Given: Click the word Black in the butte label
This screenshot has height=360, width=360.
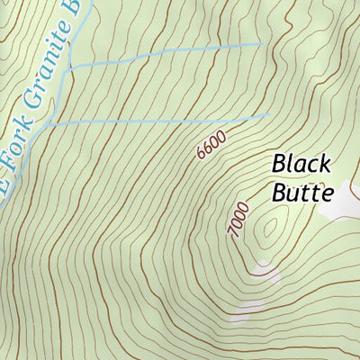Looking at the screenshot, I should [x=301, y=165].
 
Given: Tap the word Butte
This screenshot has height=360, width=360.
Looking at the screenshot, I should [x=301, y=192].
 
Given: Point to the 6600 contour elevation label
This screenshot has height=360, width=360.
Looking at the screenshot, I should [x=210, y=144].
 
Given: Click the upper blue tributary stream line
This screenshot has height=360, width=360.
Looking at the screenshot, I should [x=162, y=53].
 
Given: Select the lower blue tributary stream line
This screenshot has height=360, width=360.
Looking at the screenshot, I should [x=162, y=119].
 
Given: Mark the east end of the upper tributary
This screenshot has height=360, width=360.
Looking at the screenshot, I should [x=262, y=42].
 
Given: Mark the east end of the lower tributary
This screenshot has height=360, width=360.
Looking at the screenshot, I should [x=269, y=114].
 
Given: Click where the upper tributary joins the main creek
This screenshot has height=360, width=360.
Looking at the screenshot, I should [x=69, y=67].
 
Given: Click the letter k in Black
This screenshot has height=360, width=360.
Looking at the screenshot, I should [x=325, y=165].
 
